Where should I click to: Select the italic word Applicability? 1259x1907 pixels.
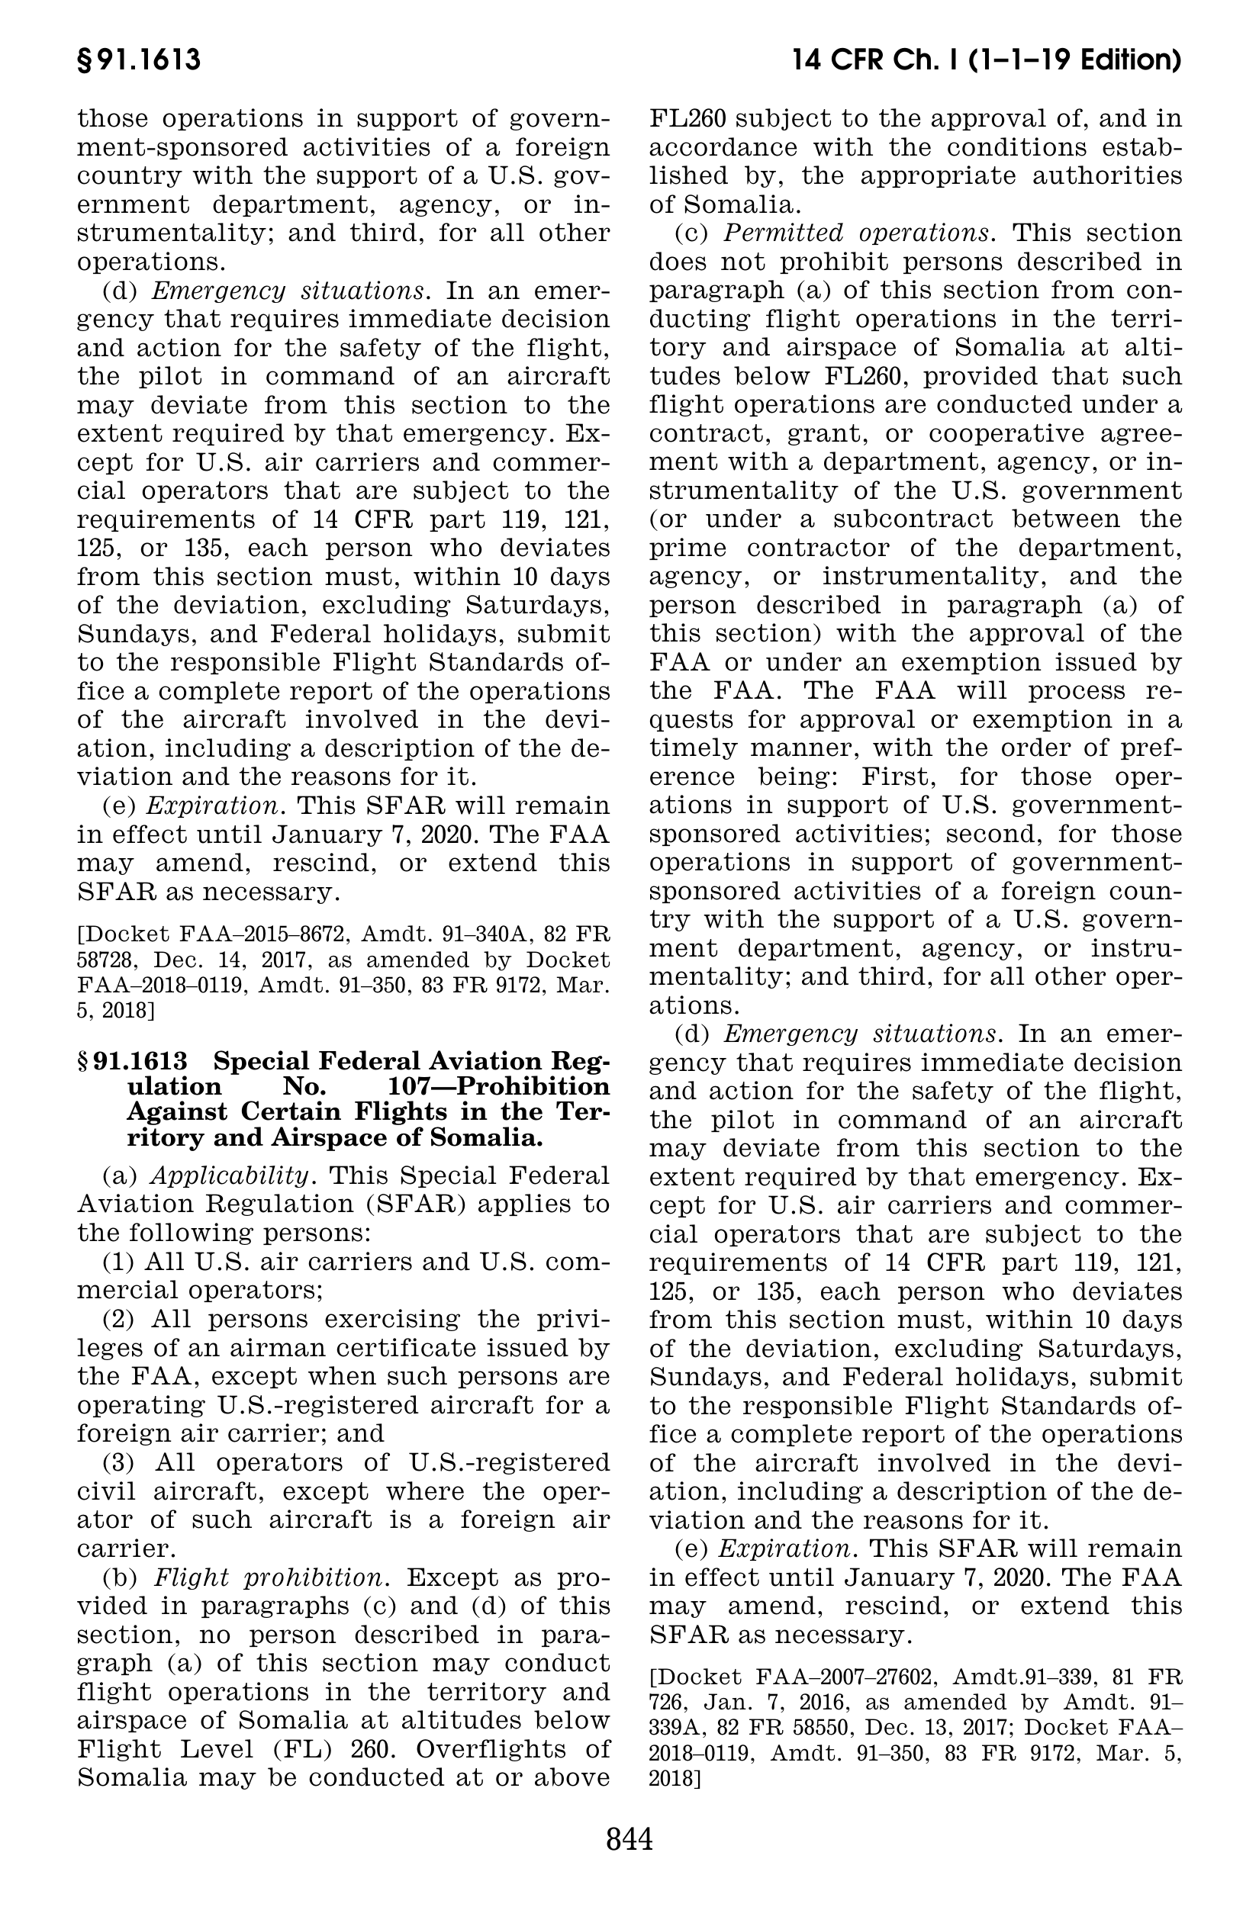230,1175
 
